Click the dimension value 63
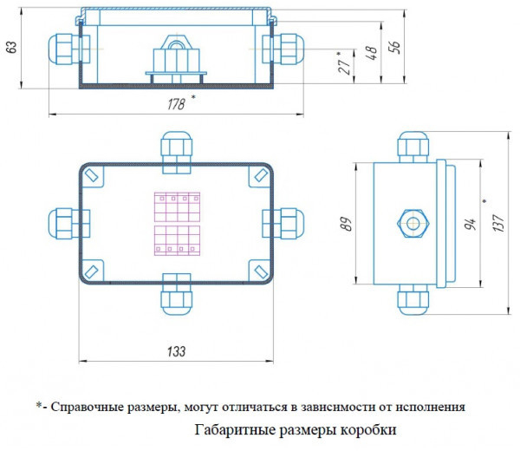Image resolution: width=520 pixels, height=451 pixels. point(11,49)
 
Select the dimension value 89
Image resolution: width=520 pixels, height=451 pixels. point(346,223)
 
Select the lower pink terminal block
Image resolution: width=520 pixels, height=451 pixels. point(175,241)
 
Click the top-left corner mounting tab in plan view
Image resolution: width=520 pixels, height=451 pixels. point(94,178)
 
